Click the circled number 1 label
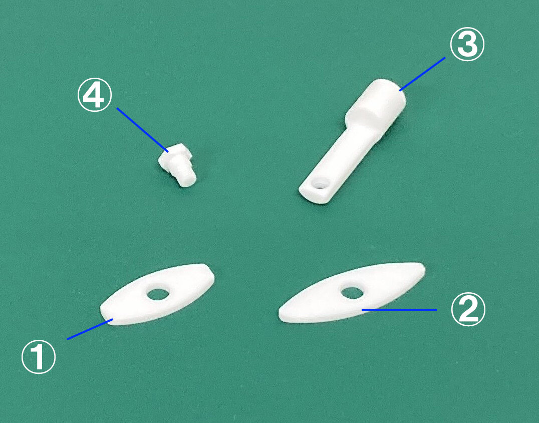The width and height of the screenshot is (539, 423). (x=39, y=357)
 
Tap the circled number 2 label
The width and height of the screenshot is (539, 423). (x=468, y=309)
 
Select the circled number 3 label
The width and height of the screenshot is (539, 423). (x=467, y=45)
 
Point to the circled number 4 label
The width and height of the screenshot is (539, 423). (x=95, y=95)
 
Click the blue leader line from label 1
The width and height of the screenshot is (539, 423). (x=90, y=329)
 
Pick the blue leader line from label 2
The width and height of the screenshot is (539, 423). (x=399, y=310)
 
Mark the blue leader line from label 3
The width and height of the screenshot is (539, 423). (x=422, y=74)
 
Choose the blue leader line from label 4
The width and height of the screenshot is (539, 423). (x=143, y=130)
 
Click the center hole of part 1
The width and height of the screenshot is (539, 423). (x=158, y=294)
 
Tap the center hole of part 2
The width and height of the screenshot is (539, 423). (x=352, y=293)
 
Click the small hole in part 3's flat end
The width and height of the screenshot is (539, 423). (x=320, y=183)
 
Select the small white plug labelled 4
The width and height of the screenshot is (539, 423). (x=177, y=165)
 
